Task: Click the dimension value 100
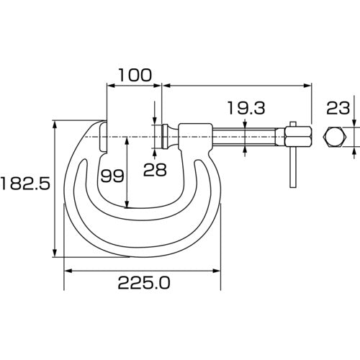[135, 74]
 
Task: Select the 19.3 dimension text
[246, 109]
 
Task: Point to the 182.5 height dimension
[25, 184]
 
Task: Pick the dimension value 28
[155, 169]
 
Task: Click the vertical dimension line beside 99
[127, 173]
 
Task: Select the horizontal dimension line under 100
[135, 86]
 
